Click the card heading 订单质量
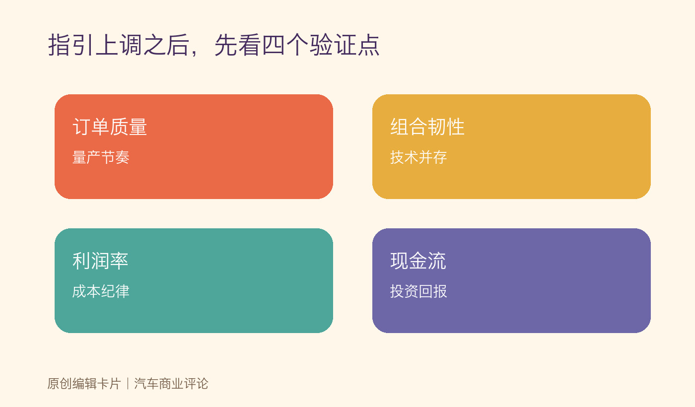pyautogui.click(x=110, y=127)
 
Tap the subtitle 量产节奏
pyautogui.click(x=101, y=157)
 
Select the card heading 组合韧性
pyautogui.click(x=427, y=127)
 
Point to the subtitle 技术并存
pyautogui.click(x=418, y=157)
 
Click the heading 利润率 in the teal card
pyautogui.click(x=100, y=261)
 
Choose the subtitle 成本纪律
pyautogui.click(x=101, y=291)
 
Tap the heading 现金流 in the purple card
pyautogui.click(x=418, y=261)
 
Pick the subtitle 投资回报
pyautogui.click(x=418, y=291)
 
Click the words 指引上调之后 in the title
pyautogui.click(x=119, y=45)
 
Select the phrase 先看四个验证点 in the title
pyautogui.click(x=297, y=45)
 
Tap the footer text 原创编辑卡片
pyautogui.click(x=84, y=383)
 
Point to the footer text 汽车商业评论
pyautogui.click(x=171, y=383)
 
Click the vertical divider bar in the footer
pyautogui.click(x=128, y=383)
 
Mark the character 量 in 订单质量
pyautogui.click(x=138, y=127)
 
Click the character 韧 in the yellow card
pyautogui.click(x=436, y=127)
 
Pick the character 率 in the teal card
pyautogui.click(x=119, y=261)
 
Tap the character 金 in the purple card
pyautogui.click(x=418, y=261)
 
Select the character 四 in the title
pyautogui.click(x=274, y=45)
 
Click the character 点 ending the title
pyautogui.click(x=368, y=45)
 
